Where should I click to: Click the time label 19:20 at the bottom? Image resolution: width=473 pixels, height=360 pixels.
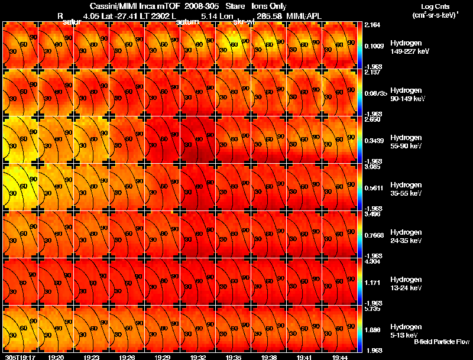56,357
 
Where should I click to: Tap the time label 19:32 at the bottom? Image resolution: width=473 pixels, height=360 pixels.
197,357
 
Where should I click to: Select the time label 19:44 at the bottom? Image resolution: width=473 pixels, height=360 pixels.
339,357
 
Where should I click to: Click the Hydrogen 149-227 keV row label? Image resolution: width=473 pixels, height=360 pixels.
410,47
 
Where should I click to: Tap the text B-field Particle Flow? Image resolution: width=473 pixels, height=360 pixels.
441,342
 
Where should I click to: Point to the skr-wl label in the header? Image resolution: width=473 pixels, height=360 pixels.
244,21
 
